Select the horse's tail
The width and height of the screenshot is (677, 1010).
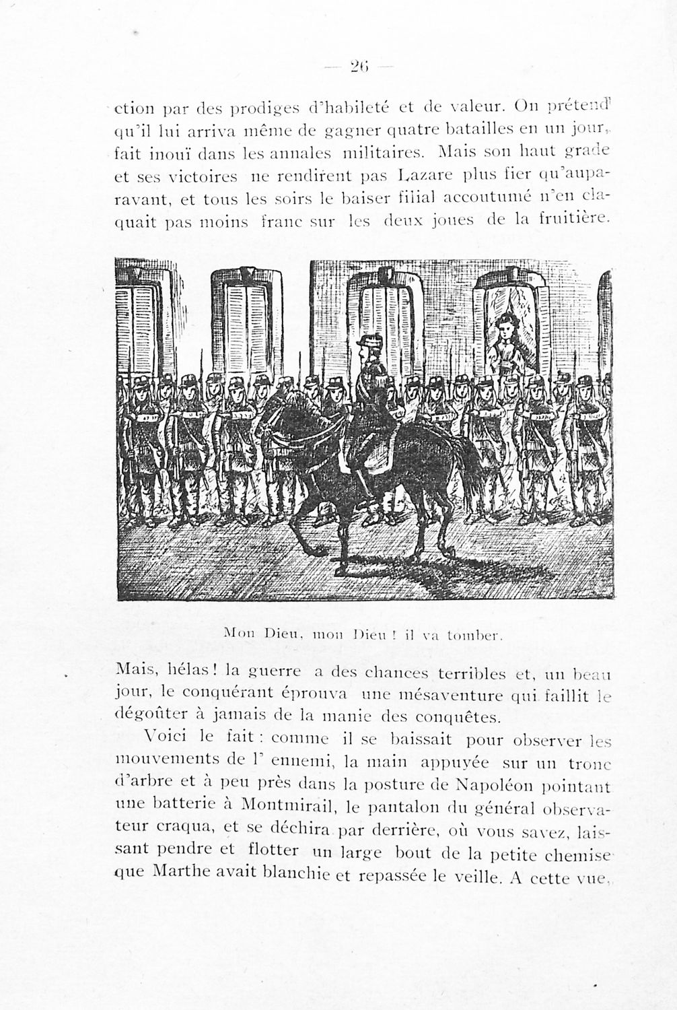point(472,465)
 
